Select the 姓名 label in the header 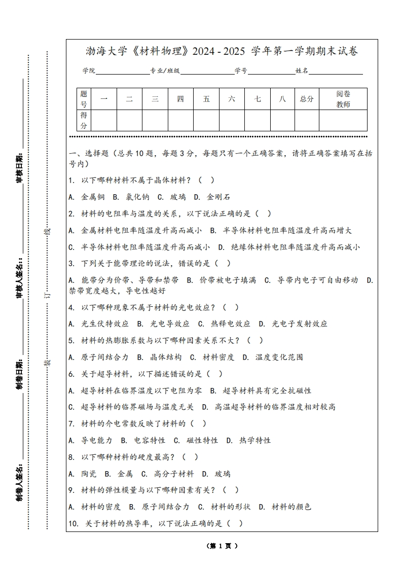click(x=302, y=71)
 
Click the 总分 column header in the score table click(x=307, y=99)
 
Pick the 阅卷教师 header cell click(x=343, y=99)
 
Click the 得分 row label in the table click(x=84, y=120)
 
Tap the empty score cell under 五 click(x=206, y=120)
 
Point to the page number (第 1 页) click(x=222, y=546)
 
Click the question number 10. click(x=73, y=524)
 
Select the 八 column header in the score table click(x=282, y=99)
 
